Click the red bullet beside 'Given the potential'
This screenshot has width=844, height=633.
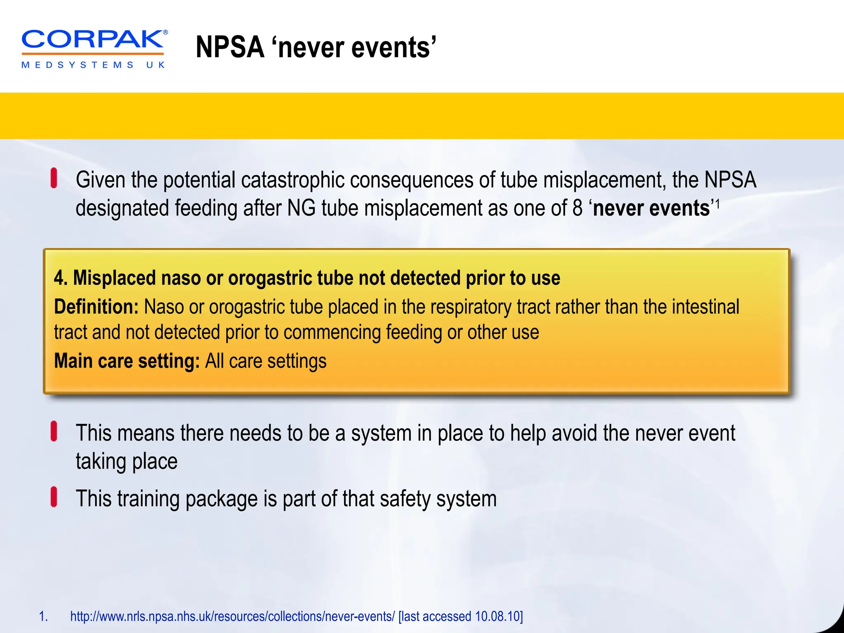tap(54, 178)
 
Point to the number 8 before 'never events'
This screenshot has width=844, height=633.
tap(577, 208)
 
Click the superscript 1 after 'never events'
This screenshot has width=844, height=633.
tap(717, 204)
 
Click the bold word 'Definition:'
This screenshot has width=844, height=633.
tap(96, 307)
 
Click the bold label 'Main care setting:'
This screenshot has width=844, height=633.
tap(127, 361)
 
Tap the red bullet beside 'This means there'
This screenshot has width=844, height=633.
tap(54, 431)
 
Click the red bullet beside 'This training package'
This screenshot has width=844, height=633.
tap(54, 497)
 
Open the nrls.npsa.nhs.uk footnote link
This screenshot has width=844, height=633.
tap(232, 617)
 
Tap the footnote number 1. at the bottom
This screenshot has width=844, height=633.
tap(43, 617)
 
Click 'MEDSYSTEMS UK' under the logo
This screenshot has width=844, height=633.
tap(93, 65)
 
